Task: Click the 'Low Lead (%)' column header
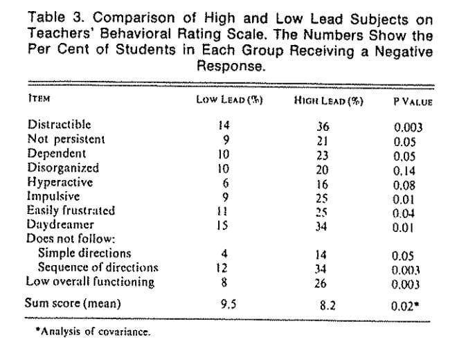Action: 229,100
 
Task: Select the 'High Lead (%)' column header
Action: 328,101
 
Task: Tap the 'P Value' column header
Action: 413,102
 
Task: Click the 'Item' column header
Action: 39,98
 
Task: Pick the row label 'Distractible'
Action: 59,125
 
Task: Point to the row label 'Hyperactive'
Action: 60,182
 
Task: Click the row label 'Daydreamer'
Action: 60,224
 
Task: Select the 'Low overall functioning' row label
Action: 90,282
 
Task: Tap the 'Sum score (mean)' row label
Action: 73,303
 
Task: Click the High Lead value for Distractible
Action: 323,127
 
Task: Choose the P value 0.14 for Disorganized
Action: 404,171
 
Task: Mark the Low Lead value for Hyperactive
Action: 225,183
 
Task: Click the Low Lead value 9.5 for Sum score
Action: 228,304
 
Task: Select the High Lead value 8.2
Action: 328,305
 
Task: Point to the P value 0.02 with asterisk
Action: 405,306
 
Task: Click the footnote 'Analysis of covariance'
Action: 93,332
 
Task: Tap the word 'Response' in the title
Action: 231,66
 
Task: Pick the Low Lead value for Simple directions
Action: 224,253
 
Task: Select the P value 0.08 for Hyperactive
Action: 404,186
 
